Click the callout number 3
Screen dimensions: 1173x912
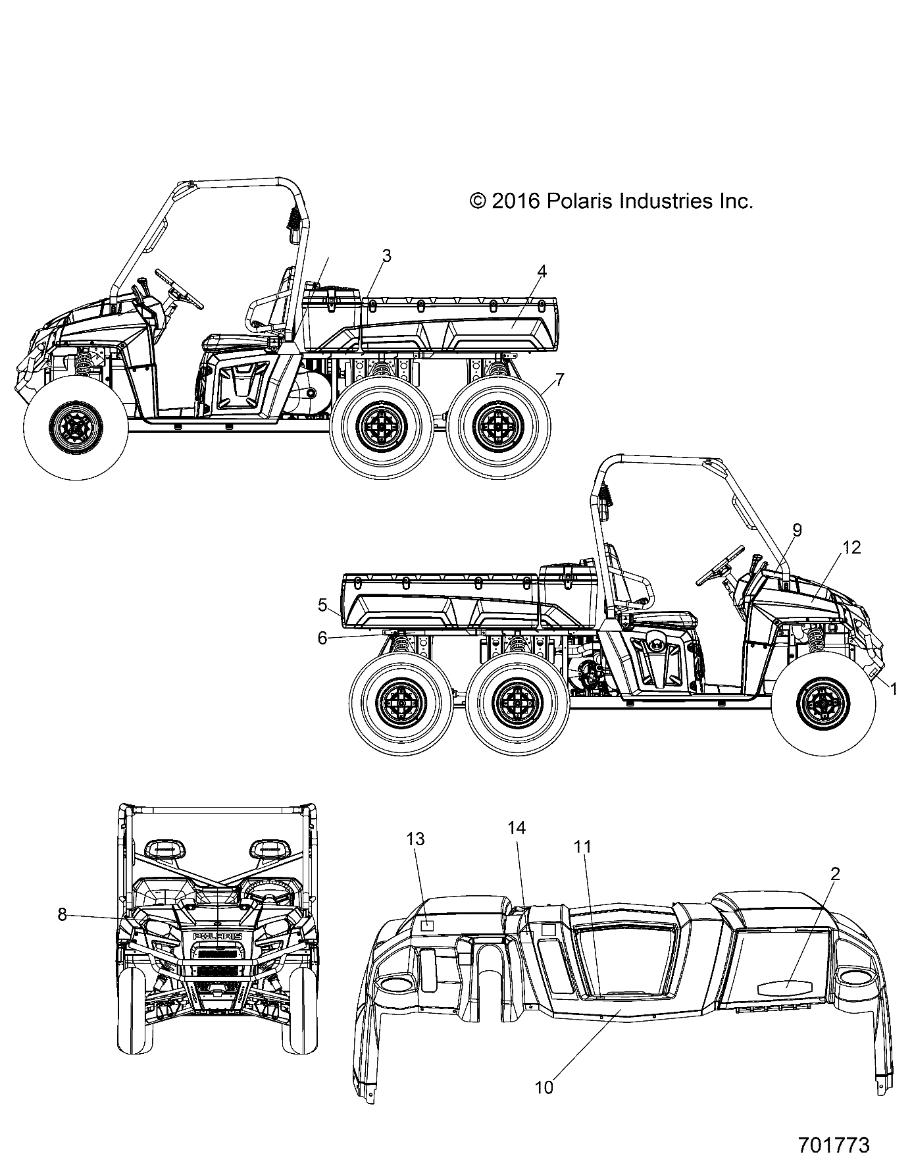[387, 256]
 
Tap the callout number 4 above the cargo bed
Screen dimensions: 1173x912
[541, 271]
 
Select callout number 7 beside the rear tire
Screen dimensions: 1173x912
[559, 379]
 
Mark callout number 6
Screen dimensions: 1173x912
[322, 638]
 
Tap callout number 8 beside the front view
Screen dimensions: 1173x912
[62, 914]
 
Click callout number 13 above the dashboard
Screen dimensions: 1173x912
[415, 839]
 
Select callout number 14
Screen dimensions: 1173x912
[517, 828]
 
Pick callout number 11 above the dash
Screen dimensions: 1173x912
[582, 847]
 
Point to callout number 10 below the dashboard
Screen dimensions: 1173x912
[544, 1087]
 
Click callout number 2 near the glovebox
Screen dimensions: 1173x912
[834, 874]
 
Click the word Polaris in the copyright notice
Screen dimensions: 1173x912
[580, 201]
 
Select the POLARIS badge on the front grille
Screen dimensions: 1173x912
[216, 937]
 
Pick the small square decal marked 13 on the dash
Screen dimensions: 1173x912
[428, 925]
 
